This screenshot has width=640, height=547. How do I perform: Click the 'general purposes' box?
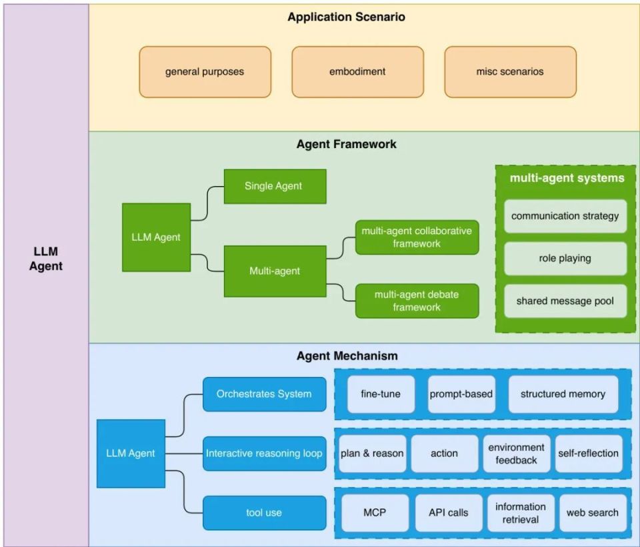(x=205, y=72)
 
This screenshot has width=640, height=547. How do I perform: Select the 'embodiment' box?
(x=357, y=72)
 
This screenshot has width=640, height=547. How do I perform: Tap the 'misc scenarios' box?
(x=510, y=72)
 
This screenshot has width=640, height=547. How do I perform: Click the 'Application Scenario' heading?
(x=346, y=17)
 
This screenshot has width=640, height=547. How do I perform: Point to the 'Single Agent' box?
(x=275, y=186)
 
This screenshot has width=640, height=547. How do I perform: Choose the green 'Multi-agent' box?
(x=275, y=271)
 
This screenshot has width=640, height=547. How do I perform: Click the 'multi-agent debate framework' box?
(x=417, y=301)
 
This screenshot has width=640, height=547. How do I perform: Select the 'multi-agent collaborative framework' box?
(x=417, y=237)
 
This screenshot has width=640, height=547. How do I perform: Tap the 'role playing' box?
(x=565, y=258)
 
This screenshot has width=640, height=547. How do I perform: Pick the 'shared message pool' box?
(x=565, y=301)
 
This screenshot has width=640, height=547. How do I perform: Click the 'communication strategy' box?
(x=565, y=215)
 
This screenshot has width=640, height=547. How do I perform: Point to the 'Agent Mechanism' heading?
(x=347, y=356)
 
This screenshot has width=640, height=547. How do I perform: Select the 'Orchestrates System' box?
(x=265, y=394)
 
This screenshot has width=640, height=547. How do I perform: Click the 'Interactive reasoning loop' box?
(x=265, y=454)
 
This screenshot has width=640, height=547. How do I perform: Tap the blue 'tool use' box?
(x=265, y=513)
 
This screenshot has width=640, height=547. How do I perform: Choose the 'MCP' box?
(x=375, y=513)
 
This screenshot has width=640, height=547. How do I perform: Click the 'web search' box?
(x=593, y=513)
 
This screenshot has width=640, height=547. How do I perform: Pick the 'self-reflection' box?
(x=589, y=454)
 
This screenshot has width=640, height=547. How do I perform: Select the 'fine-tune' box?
(x=381, y=394)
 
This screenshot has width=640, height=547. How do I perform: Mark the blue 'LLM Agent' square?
(x=131, y=454)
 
